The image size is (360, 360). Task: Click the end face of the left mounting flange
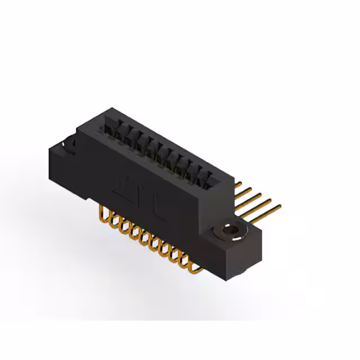point(62,169)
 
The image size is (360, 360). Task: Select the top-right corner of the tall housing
point(232,179)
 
